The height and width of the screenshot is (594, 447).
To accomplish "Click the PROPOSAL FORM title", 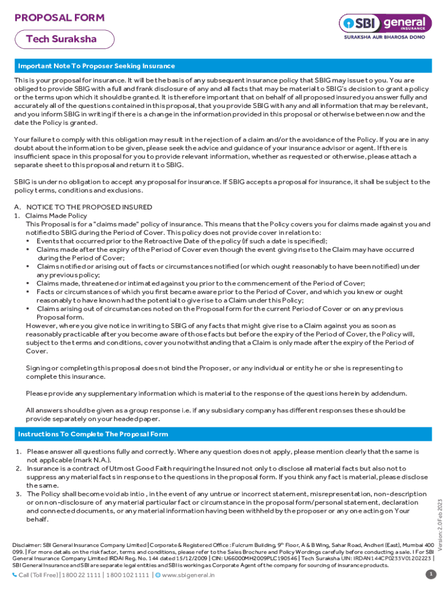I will coord(59,18).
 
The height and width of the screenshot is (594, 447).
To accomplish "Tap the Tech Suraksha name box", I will coord(62,39).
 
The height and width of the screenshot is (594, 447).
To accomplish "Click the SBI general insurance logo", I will coord(386,23).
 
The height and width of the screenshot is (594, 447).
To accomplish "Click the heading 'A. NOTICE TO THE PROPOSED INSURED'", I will coord(83,207).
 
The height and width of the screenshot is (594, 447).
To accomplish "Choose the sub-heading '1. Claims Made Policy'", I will coord(50,215).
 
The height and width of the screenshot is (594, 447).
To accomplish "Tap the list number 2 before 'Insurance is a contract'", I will coord(18,468).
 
